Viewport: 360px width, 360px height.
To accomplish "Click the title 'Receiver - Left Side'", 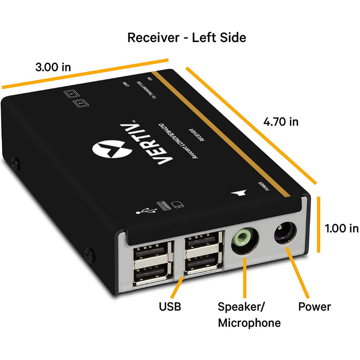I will [186, 38].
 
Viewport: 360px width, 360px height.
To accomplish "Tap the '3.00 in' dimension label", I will [53, 66].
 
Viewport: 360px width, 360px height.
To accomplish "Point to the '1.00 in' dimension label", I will [342, 228].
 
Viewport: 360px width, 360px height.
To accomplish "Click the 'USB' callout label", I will [170, 307].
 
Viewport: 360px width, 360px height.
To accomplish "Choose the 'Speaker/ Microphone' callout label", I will [249, 315].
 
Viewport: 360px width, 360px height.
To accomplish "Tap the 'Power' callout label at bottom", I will [314, 307].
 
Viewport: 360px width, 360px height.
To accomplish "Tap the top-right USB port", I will [203, 242].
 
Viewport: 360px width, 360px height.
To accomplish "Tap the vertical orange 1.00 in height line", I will [319, 224].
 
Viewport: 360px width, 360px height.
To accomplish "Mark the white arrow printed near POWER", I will [239, 193].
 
